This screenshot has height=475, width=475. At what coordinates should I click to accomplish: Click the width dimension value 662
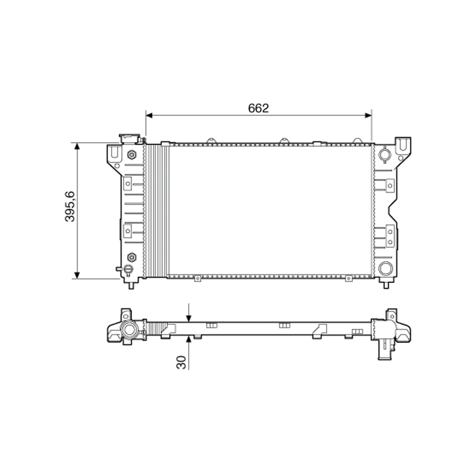point(258,108)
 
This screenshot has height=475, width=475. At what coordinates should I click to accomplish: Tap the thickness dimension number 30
point(181,362)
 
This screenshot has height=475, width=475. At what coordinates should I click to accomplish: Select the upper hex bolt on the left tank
point(132,154)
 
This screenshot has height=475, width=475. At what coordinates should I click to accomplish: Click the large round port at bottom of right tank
point(385,268)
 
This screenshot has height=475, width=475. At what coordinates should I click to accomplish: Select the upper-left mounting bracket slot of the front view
point(114,152)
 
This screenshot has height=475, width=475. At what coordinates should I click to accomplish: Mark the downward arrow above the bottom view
point(189,316)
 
